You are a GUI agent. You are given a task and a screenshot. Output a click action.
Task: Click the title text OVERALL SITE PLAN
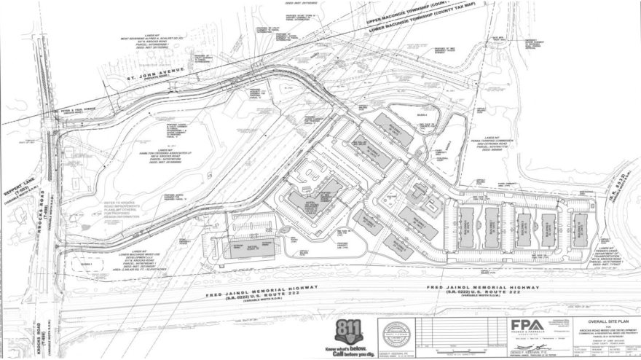607,321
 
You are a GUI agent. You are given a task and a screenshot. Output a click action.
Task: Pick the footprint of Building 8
524,225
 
